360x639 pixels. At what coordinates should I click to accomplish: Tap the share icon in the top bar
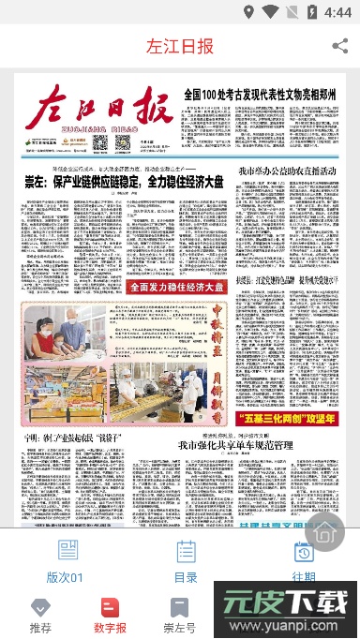pos(338,46)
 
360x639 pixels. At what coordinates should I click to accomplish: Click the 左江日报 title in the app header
pos(180,47)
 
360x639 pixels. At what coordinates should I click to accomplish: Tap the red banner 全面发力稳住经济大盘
pos(177,287)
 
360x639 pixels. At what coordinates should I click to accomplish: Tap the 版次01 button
pos(67,562)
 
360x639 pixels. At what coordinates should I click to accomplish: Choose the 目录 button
pos(186,562)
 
